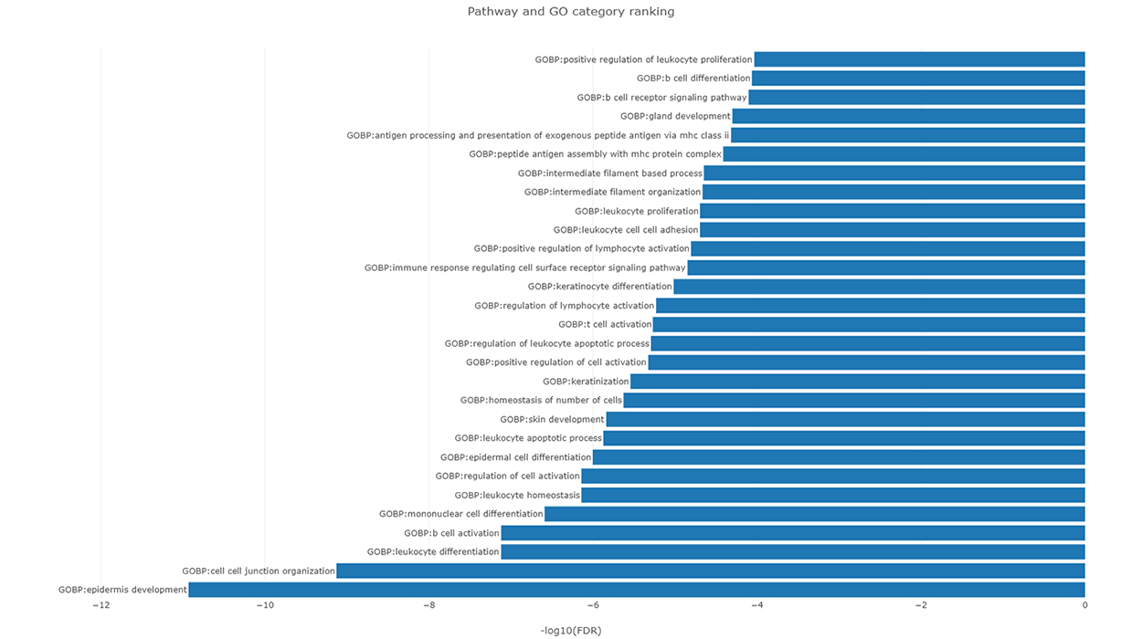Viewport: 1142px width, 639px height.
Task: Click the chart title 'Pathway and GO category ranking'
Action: tap(571, 12)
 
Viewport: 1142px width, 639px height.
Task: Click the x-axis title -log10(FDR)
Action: tap(571, 631)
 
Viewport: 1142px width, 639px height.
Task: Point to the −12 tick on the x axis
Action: tap(100, 605)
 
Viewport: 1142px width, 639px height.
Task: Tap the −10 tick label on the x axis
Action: tap(265, 605)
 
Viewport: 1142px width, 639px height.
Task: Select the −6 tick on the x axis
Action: tap(593, 605)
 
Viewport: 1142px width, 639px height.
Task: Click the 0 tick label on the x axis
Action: tap(1084, 605)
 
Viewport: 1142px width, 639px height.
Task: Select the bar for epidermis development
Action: tap(637, 590)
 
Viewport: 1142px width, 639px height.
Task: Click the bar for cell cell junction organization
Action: tap(711, 571)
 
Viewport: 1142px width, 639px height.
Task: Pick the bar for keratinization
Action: tap(858, 382)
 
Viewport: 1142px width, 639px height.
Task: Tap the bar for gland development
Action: tap(909, 116)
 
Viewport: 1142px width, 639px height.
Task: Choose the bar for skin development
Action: tap(846, 420)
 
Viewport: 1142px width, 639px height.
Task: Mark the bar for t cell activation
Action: tap(869, 324)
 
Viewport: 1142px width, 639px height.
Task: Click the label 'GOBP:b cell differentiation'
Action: tap(693, 79)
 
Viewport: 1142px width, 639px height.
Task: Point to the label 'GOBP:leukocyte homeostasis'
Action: tap(517, 496)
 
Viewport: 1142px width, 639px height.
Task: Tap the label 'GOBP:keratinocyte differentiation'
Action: tap(599, 287)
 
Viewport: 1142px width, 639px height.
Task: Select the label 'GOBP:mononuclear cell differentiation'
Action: tap(461, 514)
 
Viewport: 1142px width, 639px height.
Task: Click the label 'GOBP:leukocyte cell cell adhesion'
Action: tap(626, 230)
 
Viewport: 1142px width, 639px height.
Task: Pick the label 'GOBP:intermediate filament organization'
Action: tap(612, 192)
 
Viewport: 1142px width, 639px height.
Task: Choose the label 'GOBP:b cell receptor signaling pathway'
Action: tap(661, 98)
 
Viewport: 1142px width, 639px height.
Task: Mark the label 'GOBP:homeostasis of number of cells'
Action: tap(541, 401)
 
